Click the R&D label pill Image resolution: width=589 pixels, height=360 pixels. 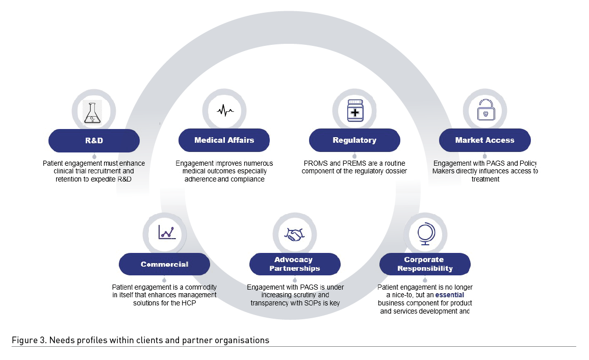pos(94,140)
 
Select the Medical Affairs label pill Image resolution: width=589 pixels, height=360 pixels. pos(224,140)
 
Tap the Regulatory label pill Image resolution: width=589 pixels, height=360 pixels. pos(354,140)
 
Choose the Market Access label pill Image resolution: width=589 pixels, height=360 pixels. pos(484,140)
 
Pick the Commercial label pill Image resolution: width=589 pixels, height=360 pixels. pos(164,264)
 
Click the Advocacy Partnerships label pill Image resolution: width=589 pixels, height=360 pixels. pos(295,264)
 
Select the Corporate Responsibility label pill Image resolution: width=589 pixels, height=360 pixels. pos(425,264)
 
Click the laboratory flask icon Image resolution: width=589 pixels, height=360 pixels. pos(93,111)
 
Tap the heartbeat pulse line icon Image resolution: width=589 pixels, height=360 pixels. pos(224,110)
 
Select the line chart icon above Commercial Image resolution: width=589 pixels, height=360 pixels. pos(166,233)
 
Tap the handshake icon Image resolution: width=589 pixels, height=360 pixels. pos(294,235)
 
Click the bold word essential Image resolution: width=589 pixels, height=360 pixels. pos(449,295)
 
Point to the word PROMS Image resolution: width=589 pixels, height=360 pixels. pos(314,163)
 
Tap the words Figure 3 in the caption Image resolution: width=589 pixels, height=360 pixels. pos(24,340)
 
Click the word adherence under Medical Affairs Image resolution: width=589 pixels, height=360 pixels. pos(200,179)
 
